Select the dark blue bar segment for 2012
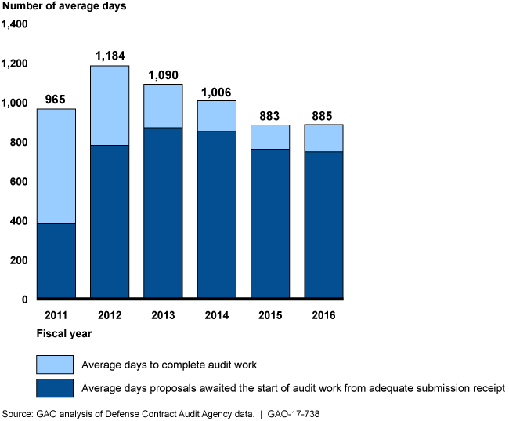[x=110, y=221]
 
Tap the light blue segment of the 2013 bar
[x=163, y=106]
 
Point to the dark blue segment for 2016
[x=323, y=224]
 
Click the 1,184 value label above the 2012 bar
[x=110, y=56]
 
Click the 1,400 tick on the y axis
[x=15, y=24]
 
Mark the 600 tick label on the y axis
[x=19, y=182]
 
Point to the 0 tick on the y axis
[x=25, y=299]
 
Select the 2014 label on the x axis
[x=217, y=315]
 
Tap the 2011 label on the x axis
[x=56, y=315]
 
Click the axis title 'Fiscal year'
[x=64, y=333]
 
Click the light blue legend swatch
[x=55, y=365]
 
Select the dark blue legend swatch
[x=55, y=388]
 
